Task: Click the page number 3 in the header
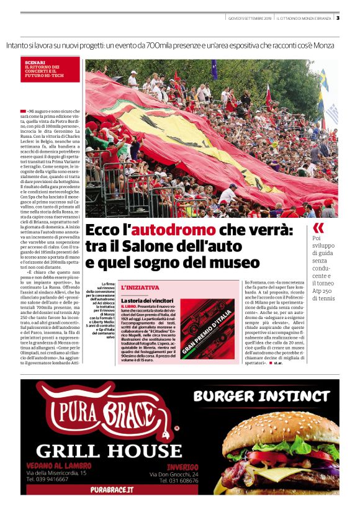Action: click(338, 17)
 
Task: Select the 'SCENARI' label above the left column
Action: click(35, 63)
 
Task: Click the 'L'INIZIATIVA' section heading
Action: click(140, 288)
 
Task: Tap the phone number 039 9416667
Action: click(47, 479)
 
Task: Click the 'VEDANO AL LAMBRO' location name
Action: click(60, 465)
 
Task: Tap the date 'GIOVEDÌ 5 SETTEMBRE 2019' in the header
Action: click(250, 18)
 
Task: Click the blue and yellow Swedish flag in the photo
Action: click(323, 80)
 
